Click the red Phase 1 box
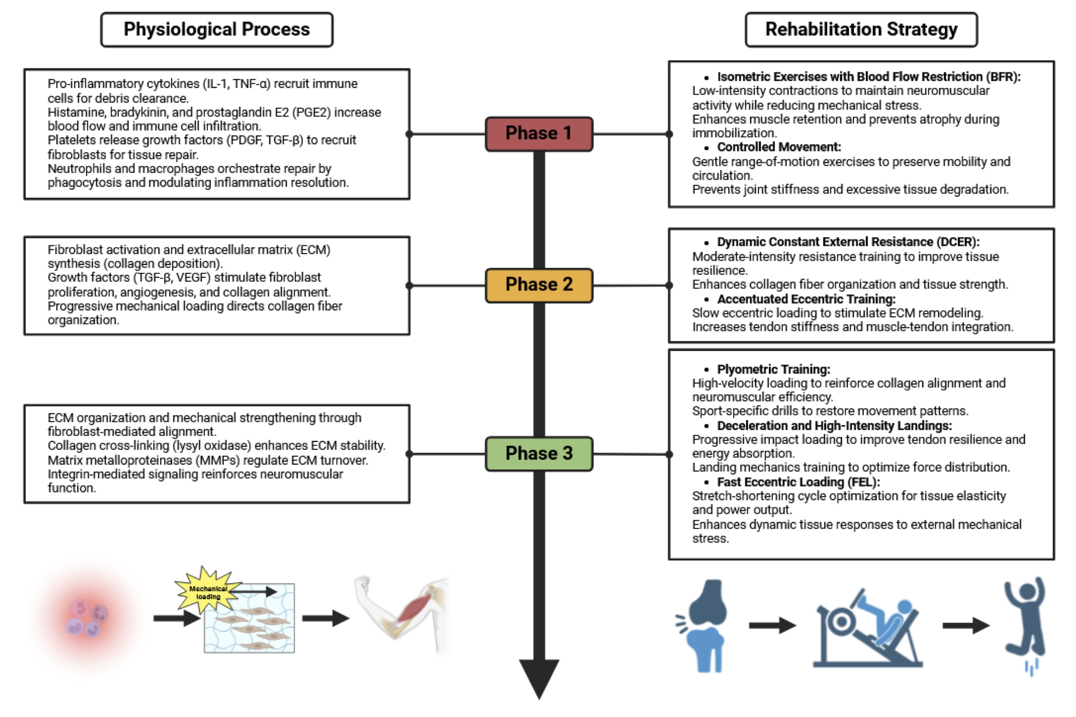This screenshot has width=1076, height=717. click(x=539, y=134)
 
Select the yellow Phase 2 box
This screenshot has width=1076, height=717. click(x=539, y=285)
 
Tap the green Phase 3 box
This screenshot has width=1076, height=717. click(x=539, y=454)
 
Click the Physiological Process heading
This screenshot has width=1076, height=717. click(x=216, y=30)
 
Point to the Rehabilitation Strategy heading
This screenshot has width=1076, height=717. click(x=861, y=30)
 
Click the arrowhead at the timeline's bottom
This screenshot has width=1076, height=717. click(x=539, y=677)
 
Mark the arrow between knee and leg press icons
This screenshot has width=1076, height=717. click(x=772, y=625)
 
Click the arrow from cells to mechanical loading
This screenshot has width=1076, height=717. click(x=176, y=618)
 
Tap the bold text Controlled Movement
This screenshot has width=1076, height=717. click(x=778, y=147)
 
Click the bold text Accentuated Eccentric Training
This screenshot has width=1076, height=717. click(x=806, y=299)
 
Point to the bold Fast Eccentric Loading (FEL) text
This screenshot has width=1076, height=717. click(x=798, y=482)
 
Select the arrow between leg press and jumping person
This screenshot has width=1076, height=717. click(x=966, y=625)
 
